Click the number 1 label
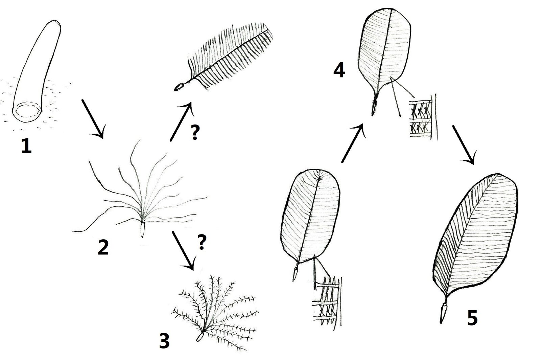click(x=26, y=147)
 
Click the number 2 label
click(x=103, y=248)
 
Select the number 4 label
click(x=339, y=70)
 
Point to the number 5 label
click(x=472, y=318)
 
